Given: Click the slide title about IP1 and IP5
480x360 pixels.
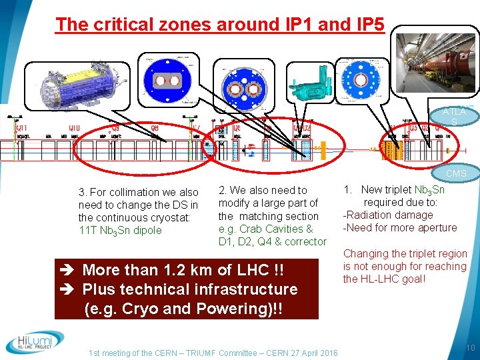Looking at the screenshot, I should [220, 24].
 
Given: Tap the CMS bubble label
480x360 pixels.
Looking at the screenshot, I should [456, 174].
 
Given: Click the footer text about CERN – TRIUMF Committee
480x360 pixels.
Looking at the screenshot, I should [213, 353].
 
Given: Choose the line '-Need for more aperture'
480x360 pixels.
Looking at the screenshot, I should [400, 227].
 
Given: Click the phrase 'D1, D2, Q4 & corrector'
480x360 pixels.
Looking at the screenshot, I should [273, 241].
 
